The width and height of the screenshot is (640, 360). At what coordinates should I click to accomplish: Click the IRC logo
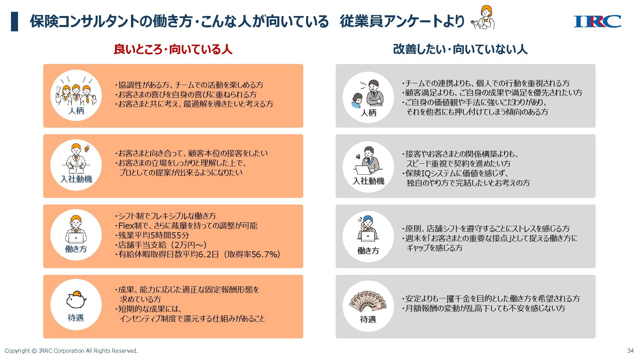[x=597, y=21]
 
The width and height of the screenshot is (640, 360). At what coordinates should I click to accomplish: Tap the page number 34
[x=630, y=351]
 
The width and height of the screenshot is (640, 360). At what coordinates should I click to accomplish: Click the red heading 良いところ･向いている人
[x=173, y=49]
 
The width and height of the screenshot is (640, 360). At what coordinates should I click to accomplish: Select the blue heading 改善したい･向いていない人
[x=460, y=49]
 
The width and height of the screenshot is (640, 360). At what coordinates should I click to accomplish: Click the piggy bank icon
[x=76, y=299]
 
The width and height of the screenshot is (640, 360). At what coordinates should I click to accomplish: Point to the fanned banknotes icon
[x=368, y=301]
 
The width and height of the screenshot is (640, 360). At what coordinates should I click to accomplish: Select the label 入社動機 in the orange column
[x=76, y=179]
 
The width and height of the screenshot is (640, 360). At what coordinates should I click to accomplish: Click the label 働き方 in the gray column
[x=368, y=251]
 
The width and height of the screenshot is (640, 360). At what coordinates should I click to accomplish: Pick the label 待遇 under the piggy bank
[x=76, y=318]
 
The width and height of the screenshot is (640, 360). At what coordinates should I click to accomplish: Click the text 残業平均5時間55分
[x=154, y=235]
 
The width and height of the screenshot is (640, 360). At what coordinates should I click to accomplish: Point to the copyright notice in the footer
[x=71, y=351]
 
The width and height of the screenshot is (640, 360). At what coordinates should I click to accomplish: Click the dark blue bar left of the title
[x=14, y=21]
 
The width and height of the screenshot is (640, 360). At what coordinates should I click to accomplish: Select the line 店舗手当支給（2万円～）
[x=162, y=245]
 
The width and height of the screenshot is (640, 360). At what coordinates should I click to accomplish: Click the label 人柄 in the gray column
[x=368, y=113]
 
